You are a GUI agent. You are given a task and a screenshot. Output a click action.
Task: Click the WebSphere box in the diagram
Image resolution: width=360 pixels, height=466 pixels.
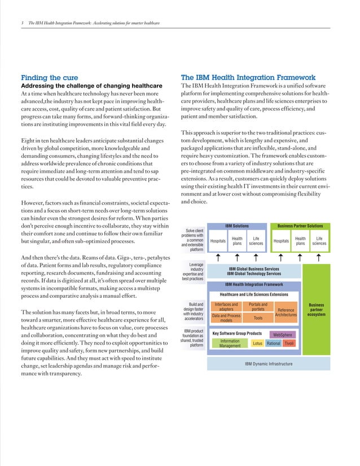pyautogui.click(x=282, y=335)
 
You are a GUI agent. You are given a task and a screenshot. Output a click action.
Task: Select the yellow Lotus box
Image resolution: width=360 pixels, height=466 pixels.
pyautogui.click(x=257, y=344)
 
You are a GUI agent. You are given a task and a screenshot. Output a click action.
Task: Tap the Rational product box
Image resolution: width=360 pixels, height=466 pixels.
pyautogui.click(x=273, y=344)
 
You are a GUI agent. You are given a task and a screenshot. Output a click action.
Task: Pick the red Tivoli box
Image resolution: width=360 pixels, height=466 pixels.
pyautogui.click(x=288, y=344)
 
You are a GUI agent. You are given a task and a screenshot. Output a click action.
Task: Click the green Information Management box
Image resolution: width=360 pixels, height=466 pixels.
pyautogui.click(x=230, y=344)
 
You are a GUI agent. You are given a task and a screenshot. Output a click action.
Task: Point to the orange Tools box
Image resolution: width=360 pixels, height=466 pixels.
pyautogui.click(x=258, y=318)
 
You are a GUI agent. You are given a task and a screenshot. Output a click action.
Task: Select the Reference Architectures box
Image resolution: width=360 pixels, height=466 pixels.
pyautogui.click(x=286, y=312)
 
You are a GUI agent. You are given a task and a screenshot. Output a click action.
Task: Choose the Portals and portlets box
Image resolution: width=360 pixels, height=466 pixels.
pyautogui.click(x=258, y=307)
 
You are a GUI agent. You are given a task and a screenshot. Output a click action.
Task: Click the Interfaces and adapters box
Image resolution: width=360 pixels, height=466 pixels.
pyautogui.click(x=226, y=307)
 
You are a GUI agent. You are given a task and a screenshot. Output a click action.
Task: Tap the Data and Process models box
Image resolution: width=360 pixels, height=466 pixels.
pyautogui.click(x=226, y=318)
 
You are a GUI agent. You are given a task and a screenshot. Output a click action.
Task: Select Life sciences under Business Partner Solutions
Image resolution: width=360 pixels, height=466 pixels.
pyautogui.click(x=319, y=241)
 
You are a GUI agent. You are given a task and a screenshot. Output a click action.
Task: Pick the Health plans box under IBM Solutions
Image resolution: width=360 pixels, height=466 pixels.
pyautogui.click(x=238, y=241)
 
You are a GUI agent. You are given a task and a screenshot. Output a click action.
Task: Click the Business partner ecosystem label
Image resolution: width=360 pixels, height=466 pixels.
pyautogui.click(x=317, y=310)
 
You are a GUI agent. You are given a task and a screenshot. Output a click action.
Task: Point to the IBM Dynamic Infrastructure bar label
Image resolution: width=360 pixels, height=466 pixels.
pyautogui.click(x=269, y=364)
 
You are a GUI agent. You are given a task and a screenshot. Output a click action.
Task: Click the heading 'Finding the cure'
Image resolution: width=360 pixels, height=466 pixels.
pyautogui.click(x=49, y=77)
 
